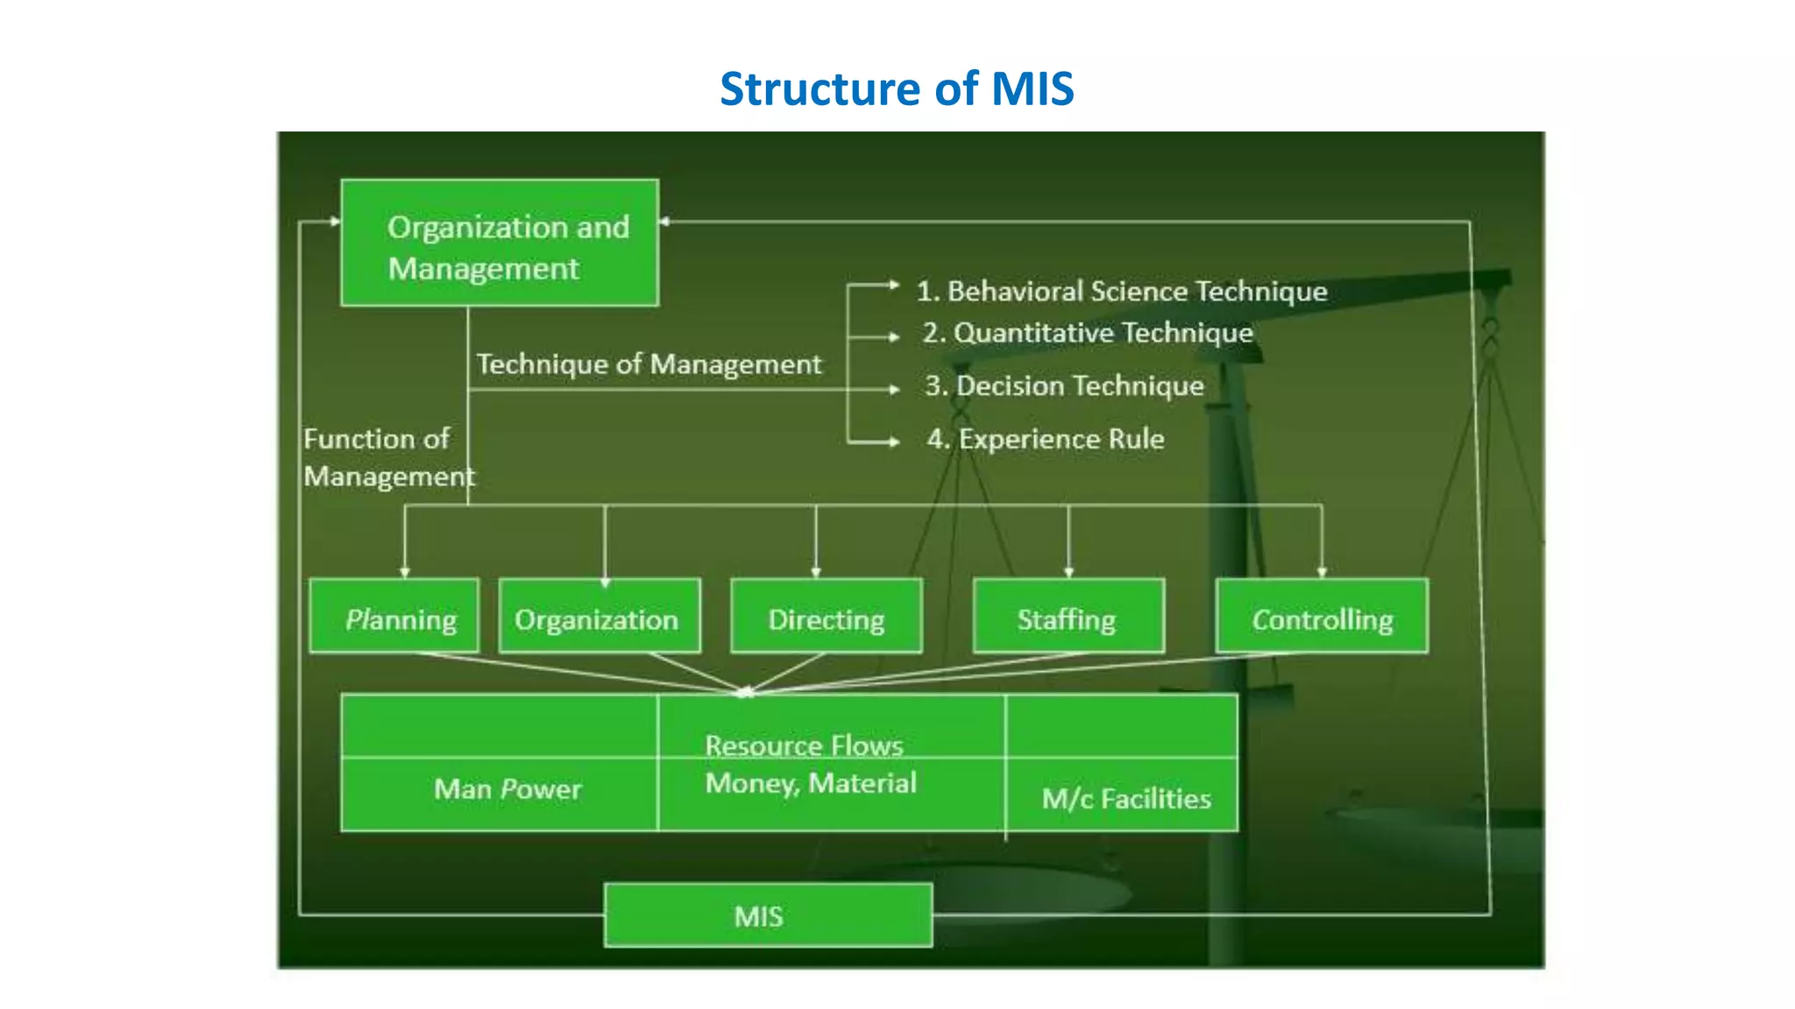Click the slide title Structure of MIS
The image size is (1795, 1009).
(x=897, y=88)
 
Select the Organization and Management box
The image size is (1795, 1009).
(x=500, y=243)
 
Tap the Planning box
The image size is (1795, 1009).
(x=394, y=617)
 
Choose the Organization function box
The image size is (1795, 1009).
(x=599, y=617)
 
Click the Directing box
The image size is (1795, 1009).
(x=827, y=617)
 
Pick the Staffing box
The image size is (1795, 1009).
(x=1068, y=617)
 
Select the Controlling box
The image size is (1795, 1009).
(x=1322, y=617)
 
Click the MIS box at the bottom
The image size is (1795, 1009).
(x=768, y=915)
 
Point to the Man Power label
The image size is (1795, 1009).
(x=507, y=789)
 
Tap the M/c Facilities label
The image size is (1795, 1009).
(x=1126, y=798)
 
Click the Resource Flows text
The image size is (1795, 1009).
(x=804, y=745)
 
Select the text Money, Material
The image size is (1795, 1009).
(x=811, y=782)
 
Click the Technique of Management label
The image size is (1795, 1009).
(x=649, y=363)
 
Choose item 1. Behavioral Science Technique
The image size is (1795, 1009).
(x=1122, y=291)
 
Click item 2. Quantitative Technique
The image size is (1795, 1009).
(x=1088, y=333)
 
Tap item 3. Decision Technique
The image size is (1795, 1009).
(x=1064, y=385)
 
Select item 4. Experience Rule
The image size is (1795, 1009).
(x=1046, y=438)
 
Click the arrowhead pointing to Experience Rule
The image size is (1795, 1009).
(x=894, y=441)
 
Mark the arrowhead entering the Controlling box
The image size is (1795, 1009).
(x=1322, y=572)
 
